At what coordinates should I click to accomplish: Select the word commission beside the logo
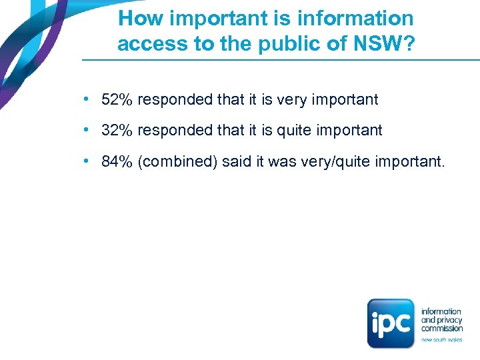442,328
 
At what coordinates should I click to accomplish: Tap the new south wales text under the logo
441,340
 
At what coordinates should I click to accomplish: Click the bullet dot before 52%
87,100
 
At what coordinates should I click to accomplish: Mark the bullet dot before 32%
87,131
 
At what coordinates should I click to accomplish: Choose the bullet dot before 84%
87,161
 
